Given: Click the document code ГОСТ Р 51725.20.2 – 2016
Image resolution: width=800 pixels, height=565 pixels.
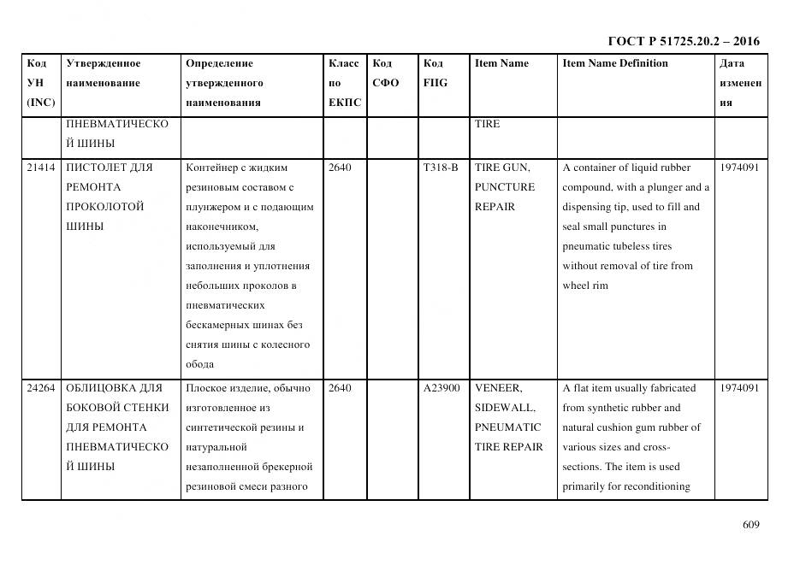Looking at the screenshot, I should point(683,41).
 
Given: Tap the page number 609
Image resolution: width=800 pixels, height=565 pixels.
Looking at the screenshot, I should point(751,525).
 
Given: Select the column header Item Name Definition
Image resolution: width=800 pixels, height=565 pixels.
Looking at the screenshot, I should point(615,63).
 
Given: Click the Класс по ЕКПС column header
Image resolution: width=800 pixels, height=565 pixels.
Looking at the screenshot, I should point(345,83).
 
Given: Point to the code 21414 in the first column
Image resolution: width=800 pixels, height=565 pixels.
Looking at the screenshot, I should point(40,168).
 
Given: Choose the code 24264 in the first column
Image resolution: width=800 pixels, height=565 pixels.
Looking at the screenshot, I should point(40,388).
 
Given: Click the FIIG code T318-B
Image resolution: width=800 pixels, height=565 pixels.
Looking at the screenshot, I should point(441,168).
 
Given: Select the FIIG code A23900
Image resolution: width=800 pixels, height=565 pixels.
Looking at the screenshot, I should point(441,388).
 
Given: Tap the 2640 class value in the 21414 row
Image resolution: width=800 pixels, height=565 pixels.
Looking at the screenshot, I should point(340,168).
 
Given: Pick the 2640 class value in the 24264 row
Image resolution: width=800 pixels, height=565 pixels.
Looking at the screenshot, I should point(340,388).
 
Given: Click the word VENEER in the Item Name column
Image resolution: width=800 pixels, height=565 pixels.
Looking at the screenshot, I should point(497,388).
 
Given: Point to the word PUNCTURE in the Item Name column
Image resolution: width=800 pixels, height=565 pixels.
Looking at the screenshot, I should point(505,187).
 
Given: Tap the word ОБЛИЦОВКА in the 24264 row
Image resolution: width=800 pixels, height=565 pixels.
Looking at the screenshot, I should point(98,388).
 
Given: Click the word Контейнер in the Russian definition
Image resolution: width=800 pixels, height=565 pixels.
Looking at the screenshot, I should point(211,168).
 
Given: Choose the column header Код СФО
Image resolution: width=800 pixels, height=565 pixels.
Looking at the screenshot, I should point(386,74).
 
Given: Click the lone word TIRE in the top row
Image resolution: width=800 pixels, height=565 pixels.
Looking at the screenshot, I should point(488,124).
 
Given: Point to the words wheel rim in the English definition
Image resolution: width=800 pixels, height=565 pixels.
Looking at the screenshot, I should point(585,285).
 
